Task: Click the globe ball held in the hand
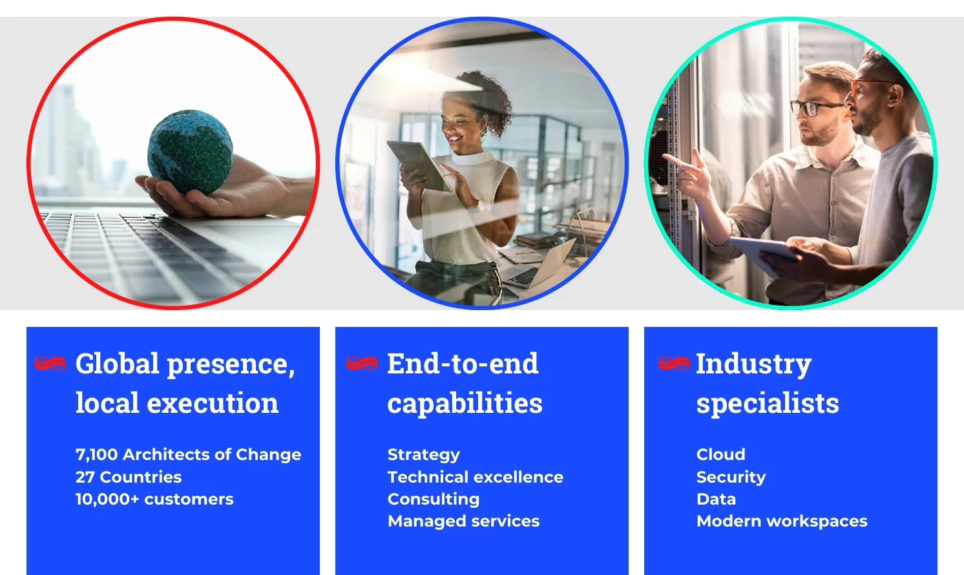pyautogui.click(x=190, y=151)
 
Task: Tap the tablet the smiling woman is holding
pyautogui.click(x=419, y=165)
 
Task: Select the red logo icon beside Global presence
pyautogui.click(x=50, y=363)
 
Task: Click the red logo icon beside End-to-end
pyautogui.click(x=362, y=363)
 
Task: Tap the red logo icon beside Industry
pyautogui.click(x=674, y=363)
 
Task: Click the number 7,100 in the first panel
pyautogui.click(x=96, y=454)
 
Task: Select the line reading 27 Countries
pyautogui.click(x=129, y=477)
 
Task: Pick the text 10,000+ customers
pyautogui.click(x=154, y=499)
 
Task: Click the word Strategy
pyautogui.click(x=424, y=455)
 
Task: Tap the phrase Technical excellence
pyautogui.click(x=476, y=477)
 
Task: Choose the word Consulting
pyautogui.click(x=434, y=499)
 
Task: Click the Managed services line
pyautogui.click(x=463, y=521)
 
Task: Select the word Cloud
pyautogui.click(x=721, y=454)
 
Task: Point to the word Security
pyautogui.click(x=731, y=477)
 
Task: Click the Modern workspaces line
pyautogui.click(x=782, y=521)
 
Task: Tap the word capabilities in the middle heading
pyautogui.click(x=465, y=404)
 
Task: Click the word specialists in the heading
pyautogui.click(x=768, y=404)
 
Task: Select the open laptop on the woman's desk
pyautogui.click(x=540, y=266)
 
